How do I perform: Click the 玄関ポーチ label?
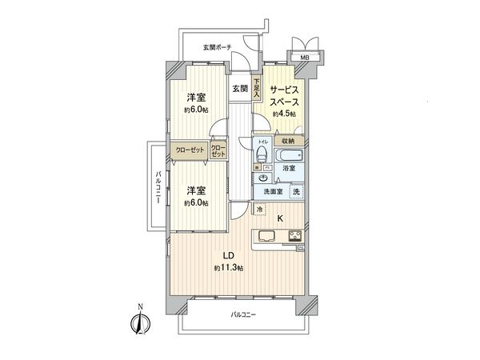pyautogui.click(x=217, y=47)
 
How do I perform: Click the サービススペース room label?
pyautogui.click(x=284, y=97)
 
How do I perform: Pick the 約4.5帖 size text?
pyautogui.click(x=284, y=115)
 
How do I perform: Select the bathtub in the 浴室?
pyautogui.click(x=287, y=155)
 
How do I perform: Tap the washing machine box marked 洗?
pyautogui.click(x=295, y=191)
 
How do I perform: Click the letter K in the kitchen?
pyautogui.click(x=279, y=217)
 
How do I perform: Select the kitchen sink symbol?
pyautogui.click(x=266, y=236)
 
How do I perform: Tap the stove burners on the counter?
pyautogui.click(x=294, y=236)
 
